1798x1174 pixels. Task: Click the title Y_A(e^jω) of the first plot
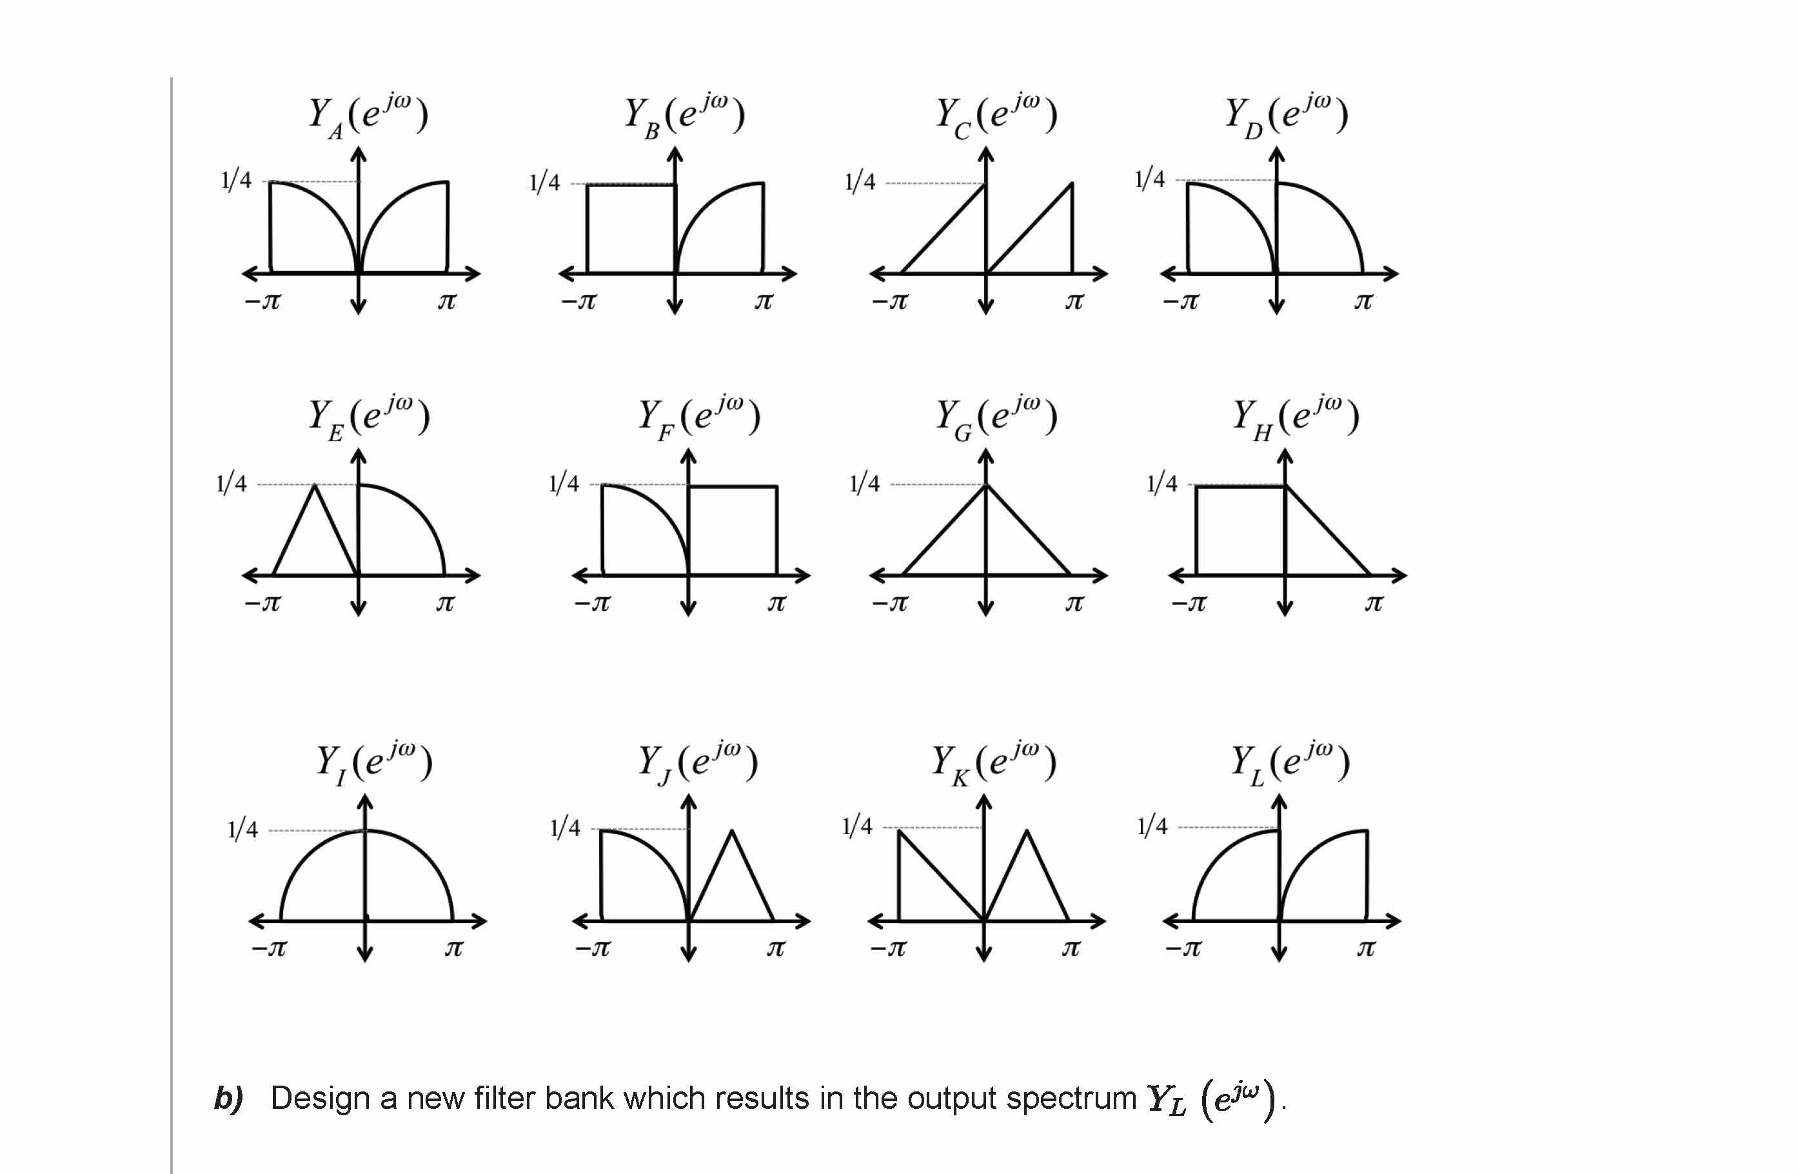click(368, 115)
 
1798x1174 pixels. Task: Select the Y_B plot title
click(684, 115)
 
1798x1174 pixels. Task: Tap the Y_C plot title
click(996, 115)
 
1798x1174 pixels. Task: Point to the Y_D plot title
click(1286, 115)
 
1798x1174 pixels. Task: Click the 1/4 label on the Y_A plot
click(235, 181)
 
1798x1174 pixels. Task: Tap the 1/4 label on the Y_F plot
click(564, 484)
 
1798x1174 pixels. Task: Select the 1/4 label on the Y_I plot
click(242, 830)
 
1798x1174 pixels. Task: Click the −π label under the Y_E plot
click(262, 604)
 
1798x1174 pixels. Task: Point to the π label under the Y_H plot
click(1374, 604)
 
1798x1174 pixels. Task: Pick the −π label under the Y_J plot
click(592, 949)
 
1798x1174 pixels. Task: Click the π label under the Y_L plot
click(1366, 949)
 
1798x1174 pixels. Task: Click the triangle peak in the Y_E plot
click(315, 485)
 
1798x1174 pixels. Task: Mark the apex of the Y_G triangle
click(986, 485)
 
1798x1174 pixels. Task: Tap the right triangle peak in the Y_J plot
click(731, 831)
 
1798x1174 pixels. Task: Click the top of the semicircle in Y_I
click(366, 831)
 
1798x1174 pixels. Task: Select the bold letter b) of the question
click(228, 1098)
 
